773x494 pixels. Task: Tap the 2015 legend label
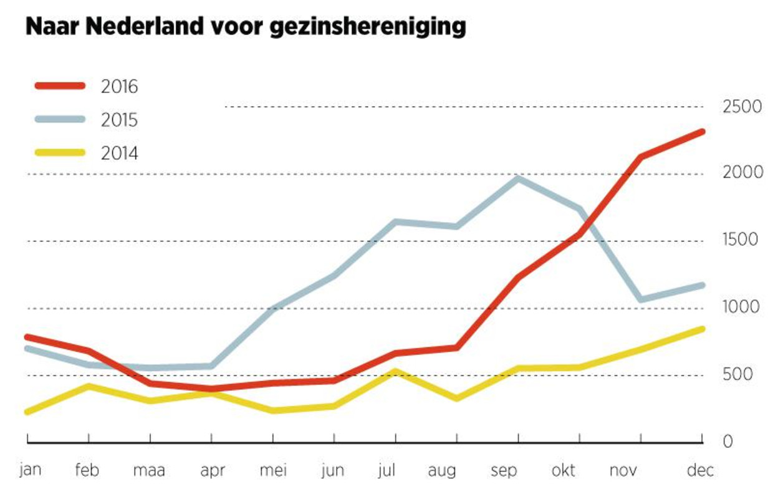coord(119,119)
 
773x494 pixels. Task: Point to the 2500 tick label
coord(741,107)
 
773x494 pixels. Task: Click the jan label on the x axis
coord(29,468)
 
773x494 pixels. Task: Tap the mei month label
coord(272,469)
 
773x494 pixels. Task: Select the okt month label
coord(564,469)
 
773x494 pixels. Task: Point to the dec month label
coord(701,469)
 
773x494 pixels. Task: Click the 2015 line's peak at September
coord(518,178)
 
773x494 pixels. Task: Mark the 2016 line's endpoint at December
coord(702,132)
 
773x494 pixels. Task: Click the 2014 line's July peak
coord(395,372)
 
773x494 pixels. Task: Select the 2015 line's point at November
coord(641,299)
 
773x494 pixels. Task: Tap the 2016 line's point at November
coord(641,157)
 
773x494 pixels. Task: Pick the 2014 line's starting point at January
coord(27,412)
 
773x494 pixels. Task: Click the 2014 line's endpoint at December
coord(702,329)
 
